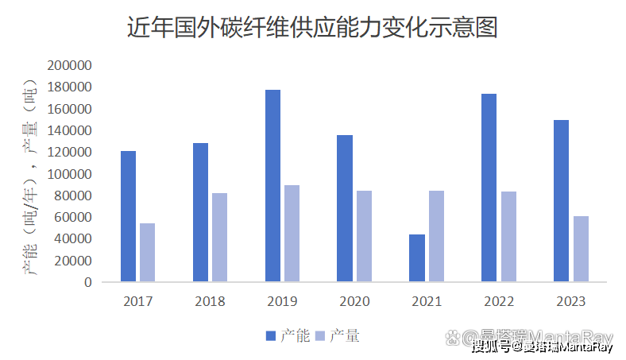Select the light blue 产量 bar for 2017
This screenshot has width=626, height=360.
click(x=147, y=252)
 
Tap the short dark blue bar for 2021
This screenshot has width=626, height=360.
click(x=417, y=257)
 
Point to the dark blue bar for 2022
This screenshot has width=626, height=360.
click(x=489, y=188)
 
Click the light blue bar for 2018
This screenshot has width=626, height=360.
click(x=219, y=237)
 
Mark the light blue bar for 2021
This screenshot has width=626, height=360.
click(x=436, y=236)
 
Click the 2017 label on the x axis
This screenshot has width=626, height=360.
click(x=138, y=301)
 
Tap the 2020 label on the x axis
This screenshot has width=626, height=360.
click(x=354, y=301)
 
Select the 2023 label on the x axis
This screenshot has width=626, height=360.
click(x=570, y=301)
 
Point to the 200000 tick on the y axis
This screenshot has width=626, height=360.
click(x=70, y=65)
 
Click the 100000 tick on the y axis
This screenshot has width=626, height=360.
click(x=70, y=174)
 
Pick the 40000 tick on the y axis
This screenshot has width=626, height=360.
click(x=73, y=239)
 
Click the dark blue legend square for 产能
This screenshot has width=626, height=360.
click(x=270, y=336)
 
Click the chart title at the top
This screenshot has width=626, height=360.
click(x=312, y=29)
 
